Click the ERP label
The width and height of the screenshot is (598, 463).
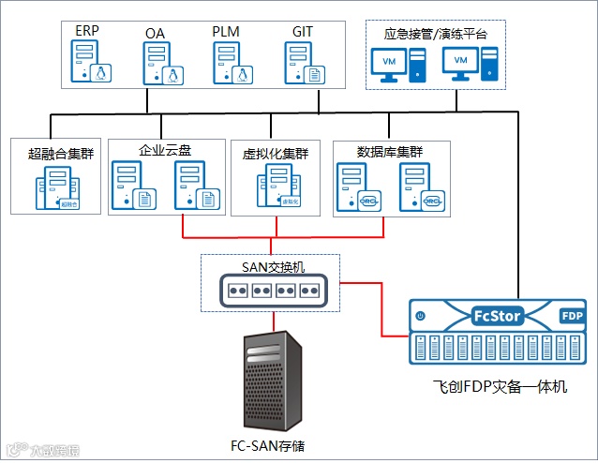click(x=87, y=31)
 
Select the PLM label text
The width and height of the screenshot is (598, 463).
click(x=226, y=31)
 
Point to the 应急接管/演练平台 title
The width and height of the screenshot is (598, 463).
click(x=436, y=33)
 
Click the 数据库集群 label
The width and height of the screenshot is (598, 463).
click(x=391, y=151)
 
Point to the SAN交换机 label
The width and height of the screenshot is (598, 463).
click(x=274, y=265)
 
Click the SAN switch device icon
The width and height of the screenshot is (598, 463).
click(x=273, y=291)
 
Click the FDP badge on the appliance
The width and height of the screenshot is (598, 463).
click(x=571, y=317)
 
